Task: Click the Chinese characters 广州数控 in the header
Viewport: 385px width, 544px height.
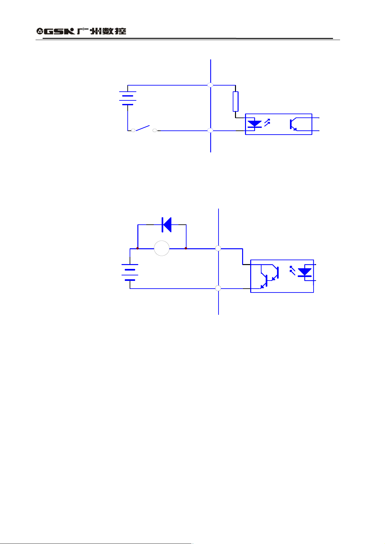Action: pyautogui.click(x=102, y=31)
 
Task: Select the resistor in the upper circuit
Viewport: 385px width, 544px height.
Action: pyautogui.click(x=236, y=101)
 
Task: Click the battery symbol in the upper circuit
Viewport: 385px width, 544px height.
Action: pyautogui.click(x=128, y=98)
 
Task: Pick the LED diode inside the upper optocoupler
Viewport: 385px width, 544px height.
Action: pyautogui.click(x=254, y=124)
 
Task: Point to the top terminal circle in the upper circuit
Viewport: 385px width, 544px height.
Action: pyautogui.click(x=210, y=85)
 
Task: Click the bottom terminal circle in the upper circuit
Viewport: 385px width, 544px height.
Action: pyautogui.click(x=210, y=130)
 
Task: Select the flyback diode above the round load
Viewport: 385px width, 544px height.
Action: pyautogui.click(x=166, y=225)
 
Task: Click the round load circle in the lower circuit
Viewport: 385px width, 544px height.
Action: pyautogui.click(x=162, y=249)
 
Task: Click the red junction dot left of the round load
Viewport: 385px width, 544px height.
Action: pyautogui.click(x=138, y=248)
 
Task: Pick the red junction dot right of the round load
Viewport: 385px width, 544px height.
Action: pyautogui.click(x=186, y=248)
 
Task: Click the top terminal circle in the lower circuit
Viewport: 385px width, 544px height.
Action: pyautogui.click(x=218, y=248)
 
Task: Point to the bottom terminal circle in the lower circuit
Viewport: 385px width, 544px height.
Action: pyautogui.click(x=218, y=288)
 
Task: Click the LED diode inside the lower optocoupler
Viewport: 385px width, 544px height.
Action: pyautogui.click(x=305, y=272)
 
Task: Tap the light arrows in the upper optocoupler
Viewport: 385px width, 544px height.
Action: pyautogui.click(x=267, y=123)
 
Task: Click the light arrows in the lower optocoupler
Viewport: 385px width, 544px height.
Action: pyautogui.click(x=292, y=271)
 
